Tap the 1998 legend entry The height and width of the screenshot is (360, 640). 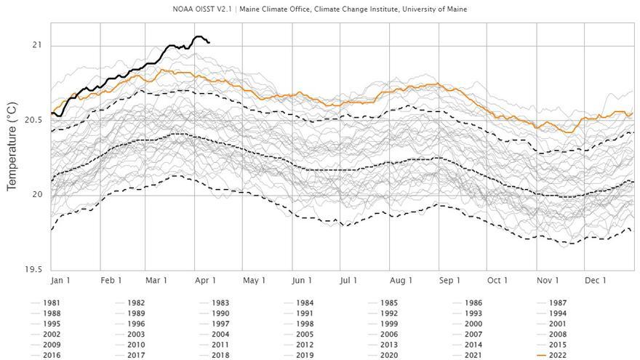305,324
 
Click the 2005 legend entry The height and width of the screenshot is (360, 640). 305,335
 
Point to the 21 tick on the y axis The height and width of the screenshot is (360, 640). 37,45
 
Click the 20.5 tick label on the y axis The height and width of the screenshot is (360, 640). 33,120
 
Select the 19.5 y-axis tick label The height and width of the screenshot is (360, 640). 33,269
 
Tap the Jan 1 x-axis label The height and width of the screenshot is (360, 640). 60,281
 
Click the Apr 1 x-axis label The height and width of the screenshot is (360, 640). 207,281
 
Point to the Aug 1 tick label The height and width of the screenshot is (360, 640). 401,281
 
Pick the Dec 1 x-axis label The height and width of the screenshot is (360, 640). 596,281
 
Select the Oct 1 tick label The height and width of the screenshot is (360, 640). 497,281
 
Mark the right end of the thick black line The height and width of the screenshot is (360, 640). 209,42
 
